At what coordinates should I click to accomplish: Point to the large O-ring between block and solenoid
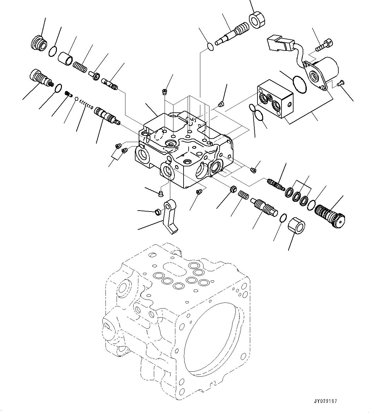click(299, 84)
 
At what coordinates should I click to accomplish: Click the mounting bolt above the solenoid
click(324, 45)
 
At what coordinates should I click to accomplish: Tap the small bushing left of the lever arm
click(157, 212)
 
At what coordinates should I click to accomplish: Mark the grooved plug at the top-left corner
click(39, 43)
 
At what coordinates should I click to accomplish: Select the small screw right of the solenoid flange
click(340, 84)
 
